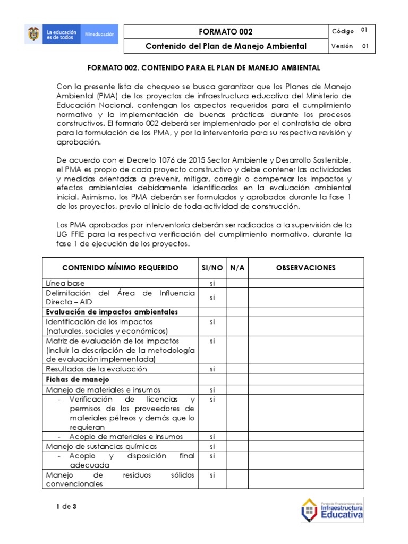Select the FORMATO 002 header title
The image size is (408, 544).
[x=226, y=32]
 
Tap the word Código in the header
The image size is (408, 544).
[x=343, y=31]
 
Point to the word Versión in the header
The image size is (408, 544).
[x=342, y=46]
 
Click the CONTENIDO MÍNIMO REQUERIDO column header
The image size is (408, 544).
[x=121, y=268]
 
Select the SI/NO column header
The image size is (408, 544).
[x=212, y=268]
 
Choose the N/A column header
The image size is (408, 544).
[x=237, y=268]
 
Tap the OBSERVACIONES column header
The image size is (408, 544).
[x=305, y=268]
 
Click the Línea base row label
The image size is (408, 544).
[x=65, y=283]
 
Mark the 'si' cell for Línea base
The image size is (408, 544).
[x=212, y=283]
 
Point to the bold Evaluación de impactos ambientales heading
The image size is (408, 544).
[x=112, y=311]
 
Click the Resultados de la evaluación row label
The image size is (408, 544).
[x=96, y=369]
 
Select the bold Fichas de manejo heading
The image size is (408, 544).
[x=78, y=379]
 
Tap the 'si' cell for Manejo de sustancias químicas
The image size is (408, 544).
[x=212, y=446]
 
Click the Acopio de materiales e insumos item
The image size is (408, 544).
[x=126, y=437]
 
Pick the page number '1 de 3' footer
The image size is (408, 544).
[x=66, y=506]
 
